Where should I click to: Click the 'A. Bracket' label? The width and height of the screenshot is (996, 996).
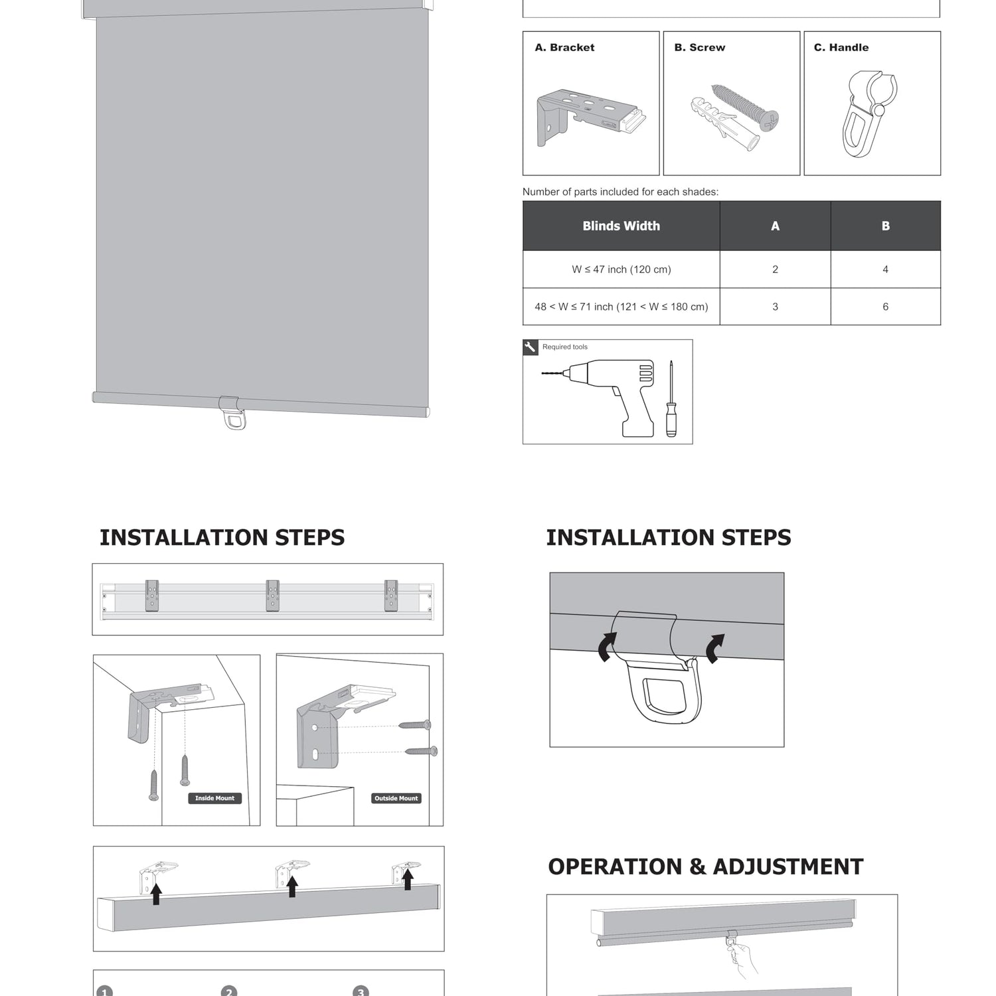[564, 48]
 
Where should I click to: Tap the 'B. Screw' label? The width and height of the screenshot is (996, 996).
[699, 48]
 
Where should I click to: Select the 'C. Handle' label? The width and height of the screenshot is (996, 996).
[841, 48]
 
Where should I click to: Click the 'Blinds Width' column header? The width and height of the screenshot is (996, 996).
[621, 226]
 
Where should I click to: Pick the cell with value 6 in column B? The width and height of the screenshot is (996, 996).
[885, 307]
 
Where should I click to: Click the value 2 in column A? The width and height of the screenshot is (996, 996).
[775, 270]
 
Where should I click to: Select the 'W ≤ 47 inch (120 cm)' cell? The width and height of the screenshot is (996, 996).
[621, 270]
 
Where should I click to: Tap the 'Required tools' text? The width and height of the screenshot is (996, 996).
[564, 347]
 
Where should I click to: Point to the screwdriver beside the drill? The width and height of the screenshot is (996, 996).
[671, 400]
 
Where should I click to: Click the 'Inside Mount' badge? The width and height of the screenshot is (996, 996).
[214, 798]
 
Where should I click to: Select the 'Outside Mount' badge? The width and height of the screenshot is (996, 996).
[396, 798]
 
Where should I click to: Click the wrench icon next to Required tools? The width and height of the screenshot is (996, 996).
[530, 347]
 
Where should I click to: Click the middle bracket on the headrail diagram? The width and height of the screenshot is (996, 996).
[272, 596]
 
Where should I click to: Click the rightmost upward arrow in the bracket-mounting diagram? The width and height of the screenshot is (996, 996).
[408, 880]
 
